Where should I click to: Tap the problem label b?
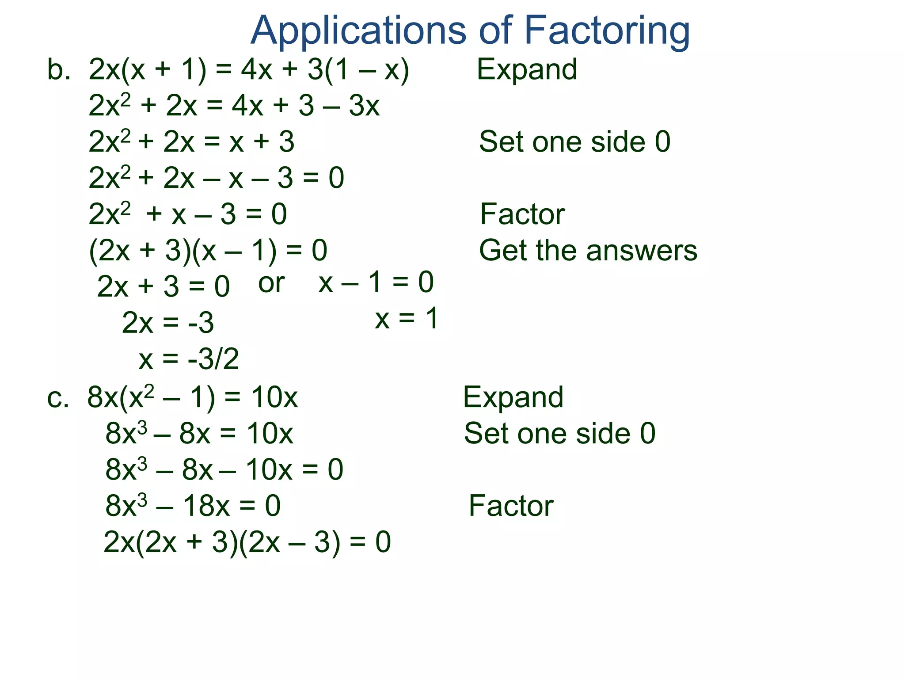(x=58, y=70)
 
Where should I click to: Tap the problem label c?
(x=58, y=397)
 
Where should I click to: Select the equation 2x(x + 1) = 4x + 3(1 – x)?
(x=249, y=70)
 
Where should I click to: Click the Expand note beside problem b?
(x=527, y=70)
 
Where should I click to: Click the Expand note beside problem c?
(x=513, y=397)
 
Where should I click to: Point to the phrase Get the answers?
(x=588, y=251)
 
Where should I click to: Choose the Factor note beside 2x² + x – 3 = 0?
(x=522, y=214)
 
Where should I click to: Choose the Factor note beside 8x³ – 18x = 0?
(x=510, y=506)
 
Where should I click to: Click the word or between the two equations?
(x=271, y=283)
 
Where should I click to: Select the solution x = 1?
(x=407, y=318)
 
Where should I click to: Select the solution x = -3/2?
(x=189, y=359)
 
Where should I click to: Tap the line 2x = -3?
(x=168, y=322)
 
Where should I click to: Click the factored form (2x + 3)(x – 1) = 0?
(x=208, y=251)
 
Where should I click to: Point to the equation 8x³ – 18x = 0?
(x=193, y=506)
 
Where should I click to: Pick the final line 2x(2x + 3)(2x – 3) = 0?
(x=247, y=542)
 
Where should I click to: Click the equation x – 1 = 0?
(x=376, y=282)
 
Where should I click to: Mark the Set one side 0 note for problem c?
(x=559, y=433)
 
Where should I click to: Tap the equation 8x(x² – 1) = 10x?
(x=192, y=397)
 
